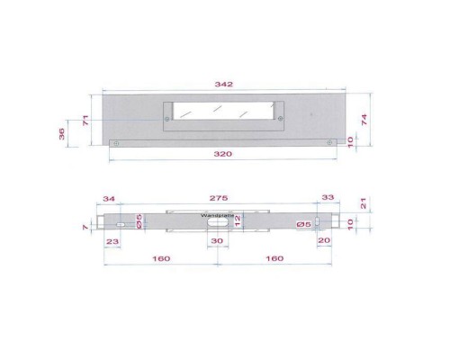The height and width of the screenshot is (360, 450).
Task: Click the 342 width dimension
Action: click(224, 84)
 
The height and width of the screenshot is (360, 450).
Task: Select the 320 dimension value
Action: click(224, 154)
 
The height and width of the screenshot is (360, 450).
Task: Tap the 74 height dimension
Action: click(364, 119)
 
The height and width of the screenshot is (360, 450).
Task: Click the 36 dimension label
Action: click(62, 134)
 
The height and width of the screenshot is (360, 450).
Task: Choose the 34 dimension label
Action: click(110, 199)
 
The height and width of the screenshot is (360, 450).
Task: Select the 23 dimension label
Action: click(112, 241)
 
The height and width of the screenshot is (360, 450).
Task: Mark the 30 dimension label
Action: click(217, 241)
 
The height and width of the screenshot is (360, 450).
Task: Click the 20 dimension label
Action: click(325, 241)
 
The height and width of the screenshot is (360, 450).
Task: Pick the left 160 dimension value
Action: click(161, 258)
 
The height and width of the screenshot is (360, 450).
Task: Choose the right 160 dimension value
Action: click(274, 258)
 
